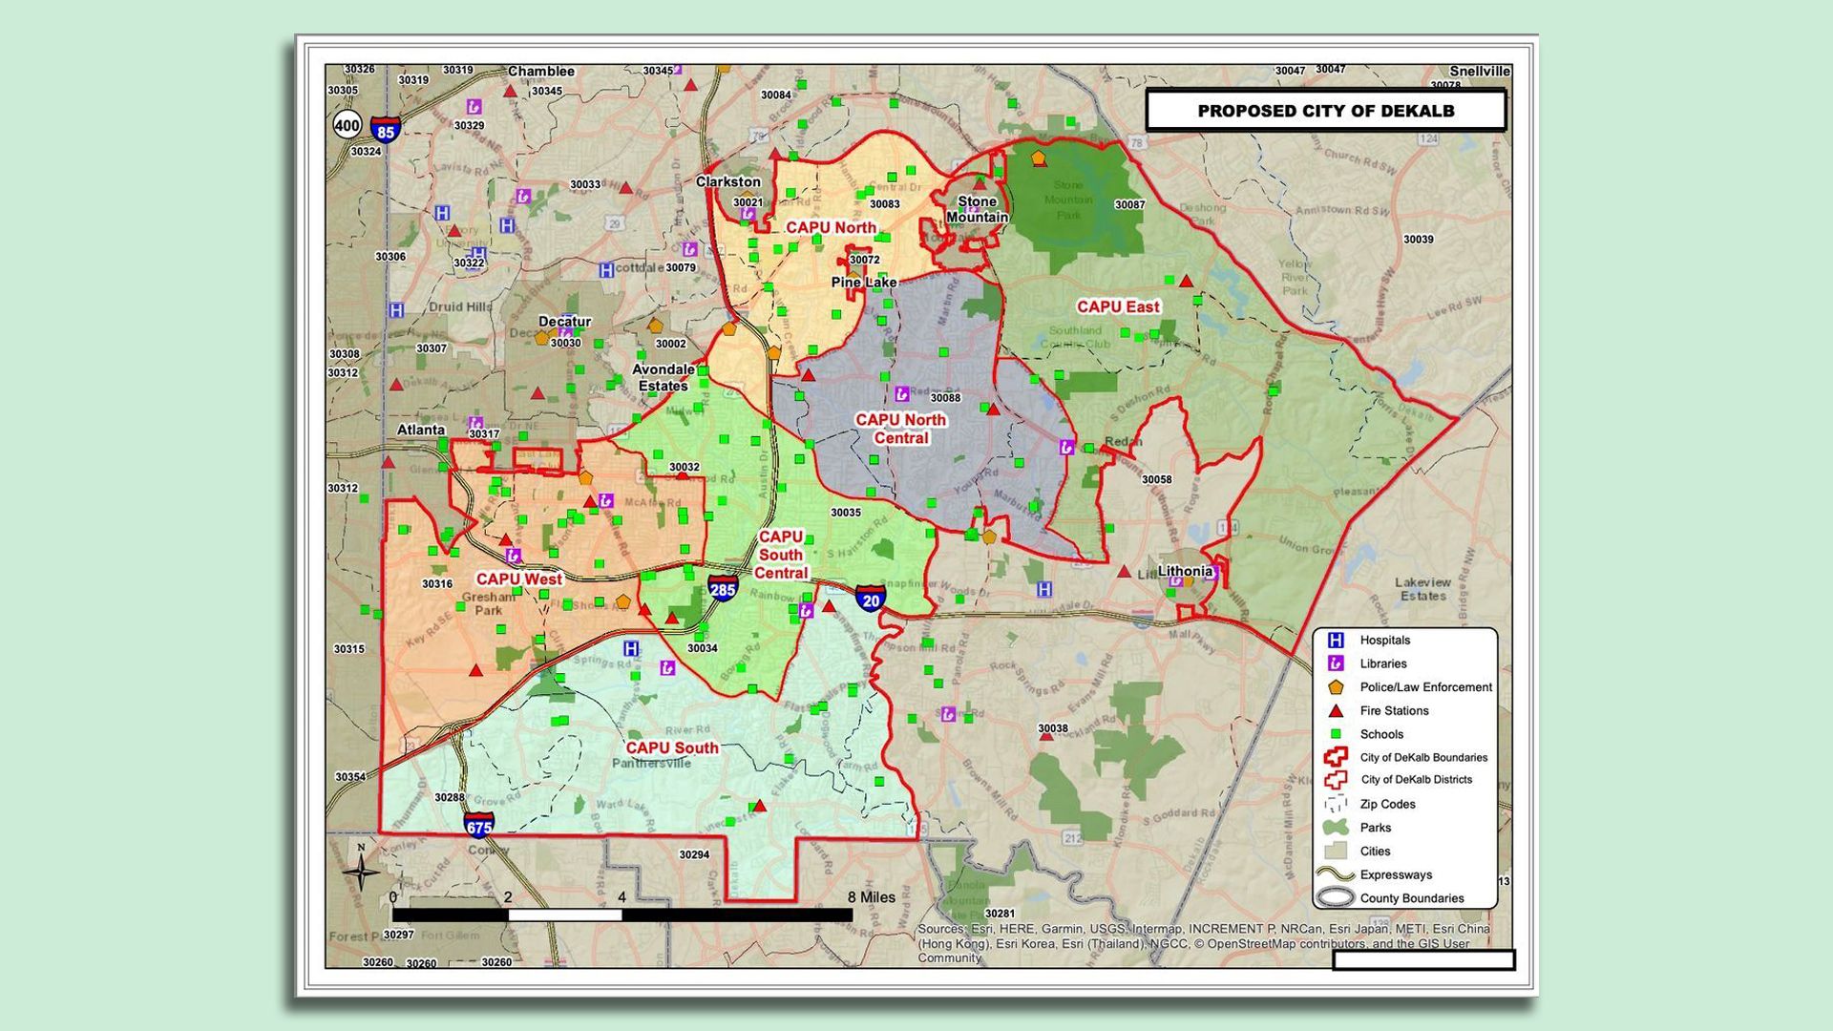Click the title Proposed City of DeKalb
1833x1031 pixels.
pos(1325,111)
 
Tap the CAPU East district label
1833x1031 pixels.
pos(1118,306)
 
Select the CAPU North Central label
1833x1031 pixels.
pos(900,429)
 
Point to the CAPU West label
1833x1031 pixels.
pos(518,579)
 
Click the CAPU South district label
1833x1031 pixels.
pos(672,747)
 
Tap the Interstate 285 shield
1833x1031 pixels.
pos(723,588)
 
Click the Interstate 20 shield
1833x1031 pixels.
pos(870,600)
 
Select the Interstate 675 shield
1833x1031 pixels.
pos(479,825)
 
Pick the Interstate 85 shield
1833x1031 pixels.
pos(386,131)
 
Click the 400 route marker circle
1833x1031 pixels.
pos(348,125)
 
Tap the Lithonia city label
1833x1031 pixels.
pos(1185,571)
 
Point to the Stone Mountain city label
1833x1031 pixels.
pos(977,209)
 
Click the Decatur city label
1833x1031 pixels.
pos(564,322)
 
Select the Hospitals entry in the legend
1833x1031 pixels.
pos(1384,641)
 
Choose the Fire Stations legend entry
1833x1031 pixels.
pos(1394,711)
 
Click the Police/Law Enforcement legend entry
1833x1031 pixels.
pos(1425,687)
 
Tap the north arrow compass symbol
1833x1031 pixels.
pos(361,869)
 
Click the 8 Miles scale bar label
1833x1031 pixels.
pos(872,897)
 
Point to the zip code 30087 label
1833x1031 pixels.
pos(1129,205)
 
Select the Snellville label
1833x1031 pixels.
pos(1479,72)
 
